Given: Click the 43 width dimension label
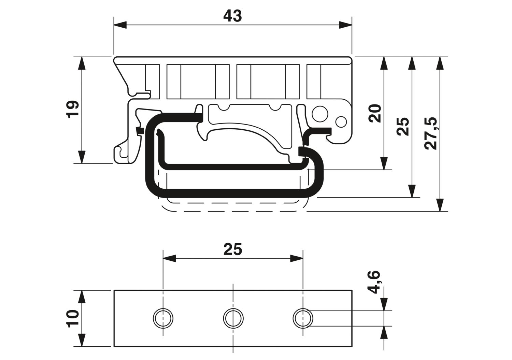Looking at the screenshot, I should tap(232, 16).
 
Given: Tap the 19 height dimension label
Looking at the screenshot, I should tap(73, 109).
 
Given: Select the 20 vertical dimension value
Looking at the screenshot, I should tap(375, 113).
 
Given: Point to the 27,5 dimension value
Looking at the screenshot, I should tap(431, 133).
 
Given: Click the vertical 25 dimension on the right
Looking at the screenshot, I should tap(404, 126).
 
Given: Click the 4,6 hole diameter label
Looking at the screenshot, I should tap(375, 282).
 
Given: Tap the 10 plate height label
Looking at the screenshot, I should tap(73, 318).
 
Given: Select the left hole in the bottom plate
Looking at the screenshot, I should tap(163, 318).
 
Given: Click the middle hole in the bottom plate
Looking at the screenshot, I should tap(233, 318).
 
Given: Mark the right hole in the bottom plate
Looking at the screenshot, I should tap(303, 318).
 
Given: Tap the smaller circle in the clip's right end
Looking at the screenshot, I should tap(341, 121).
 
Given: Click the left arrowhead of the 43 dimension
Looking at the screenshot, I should tap(120, 25).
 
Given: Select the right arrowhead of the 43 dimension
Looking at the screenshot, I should tap(345, 25).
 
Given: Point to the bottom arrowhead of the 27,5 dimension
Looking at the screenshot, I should tap(440, 205).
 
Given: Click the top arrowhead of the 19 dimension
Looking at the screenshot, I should tap(82, 63).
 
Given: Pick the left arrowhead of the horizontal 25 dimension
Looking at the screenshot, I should tap(169, 258).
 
